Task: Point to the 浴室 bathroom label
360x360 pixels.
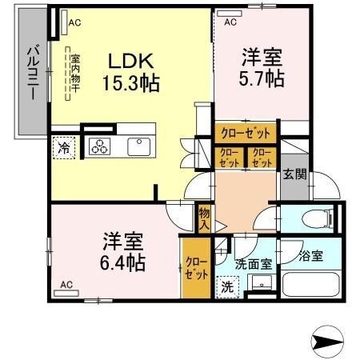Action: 311,257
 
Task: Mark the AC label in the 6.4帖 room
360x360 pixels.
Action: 66,285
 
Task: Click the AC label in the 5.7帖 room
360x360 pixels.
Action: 230,22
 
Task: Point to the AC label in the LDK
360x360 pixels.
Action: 74,23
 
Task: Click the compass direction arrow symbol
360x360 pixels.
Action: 324,342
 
